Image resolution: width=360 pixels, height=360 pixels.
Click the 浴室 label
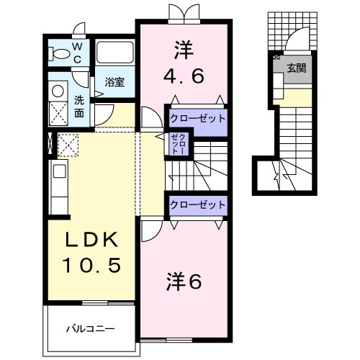(114, 81)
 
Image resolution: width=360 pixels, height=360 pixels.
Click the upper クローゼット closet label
(197, 118)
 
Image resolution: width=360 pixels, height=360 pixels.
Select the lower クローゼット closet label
(197, 205)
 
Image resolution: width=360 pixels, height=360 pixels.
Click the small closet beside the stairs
(178, 145)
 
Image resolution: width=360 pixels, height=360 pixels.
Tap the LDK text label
(91, 239)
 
